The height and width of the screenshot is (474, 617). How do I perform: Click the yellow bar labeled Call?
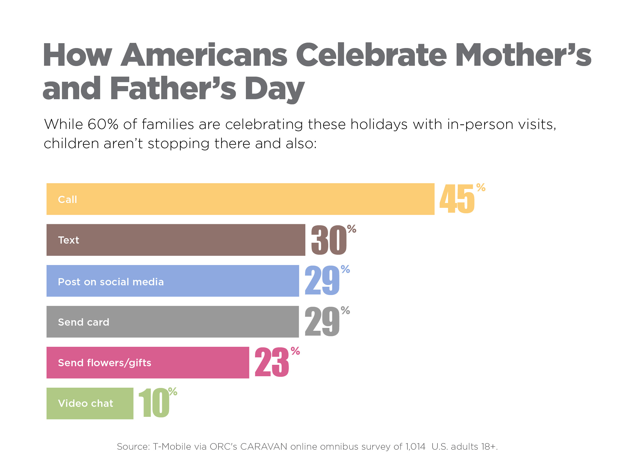240,199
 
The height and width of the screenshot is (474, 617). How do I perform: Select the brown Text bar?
176,240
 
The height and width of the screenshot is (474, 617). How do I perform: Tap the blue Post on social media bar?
173,281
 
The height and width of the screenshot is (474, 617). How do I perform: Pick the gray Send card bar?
172,322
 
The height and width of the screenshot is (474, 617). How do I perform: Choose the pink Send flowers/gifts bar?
148,363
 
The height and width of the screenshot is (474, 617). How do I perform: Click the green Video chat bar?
90,403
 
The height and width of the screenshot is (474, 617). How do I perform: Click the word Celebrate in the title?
371,55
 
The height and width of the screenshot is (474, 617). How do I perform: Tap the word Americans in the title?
204,55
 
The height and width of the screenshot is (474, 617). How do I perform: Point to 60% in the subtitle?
103,124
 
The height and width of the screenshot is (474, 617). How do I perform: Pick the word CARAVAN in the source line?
264,447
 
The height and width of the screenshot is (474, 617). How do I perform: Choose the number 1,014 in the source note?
415,447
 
